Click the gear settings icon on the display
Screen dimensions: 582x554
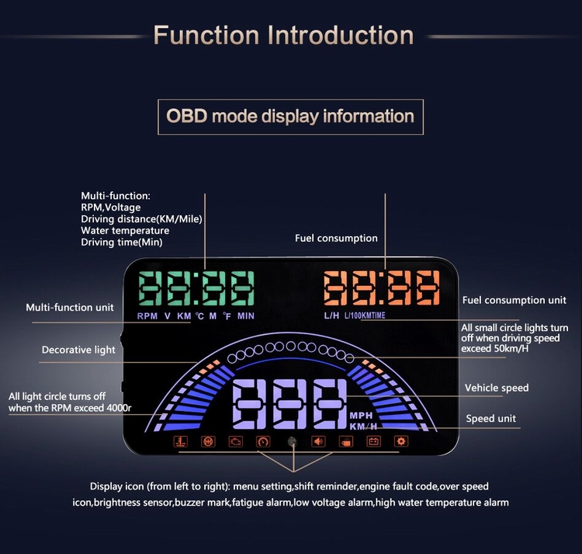click(x=401, y=441)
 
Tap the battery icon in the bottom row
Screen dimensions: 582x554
click(x=373, y=441)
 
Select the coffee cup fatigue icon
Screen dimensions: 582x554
click(x=346, y=441)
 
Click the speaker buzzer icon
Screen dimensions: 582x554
click(x=318, y=441)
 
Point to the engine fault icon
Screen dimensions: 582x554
click(x=236, y=441)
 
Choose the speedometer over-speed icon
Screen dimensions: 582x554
click(x=263, y=441)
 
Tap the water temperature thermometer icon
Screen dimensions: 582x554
click(x=181, y=441)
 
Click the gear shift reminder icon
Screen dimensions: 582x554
click(x=208, y=441)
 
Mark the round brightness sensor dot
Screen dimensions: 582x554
click(x=292, y=441)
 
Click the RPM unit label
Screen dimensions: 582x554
click(x=147, y=316)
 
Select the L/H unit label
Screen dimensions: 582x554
click(x=331, y=315)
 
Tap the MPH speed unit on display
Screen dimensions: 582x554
click(x=361, y=416)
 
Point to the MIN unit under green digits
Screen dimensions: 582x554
click(x=246, y=316)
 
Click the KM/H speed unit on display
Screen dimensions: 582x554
click(x=363, y=427)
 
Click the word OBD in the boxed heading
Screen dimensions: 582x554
click(x=186, y=116)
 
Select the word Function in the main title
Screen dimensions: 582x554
click(x=206, y=35)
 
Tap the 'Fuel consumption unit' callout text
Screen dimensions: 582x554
click(x=514, y=300)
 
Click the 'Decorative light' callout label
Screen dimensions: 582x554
click(x=78, y=350)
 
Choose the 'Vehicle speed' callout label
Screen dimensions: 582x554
click(x=497, y=388)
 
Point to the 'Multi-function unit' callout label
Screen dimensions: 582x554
click(x=70, y=308)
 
